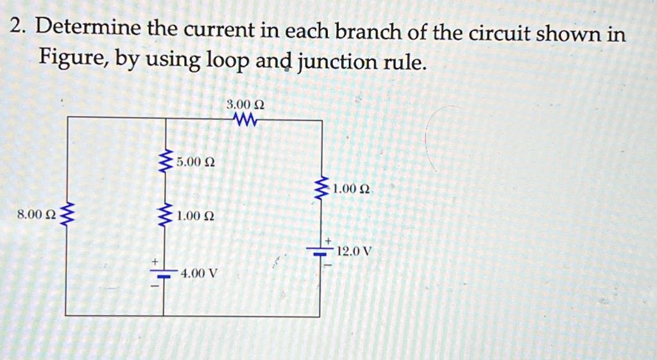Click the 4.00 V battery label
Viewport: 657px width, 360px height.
pos(200,273)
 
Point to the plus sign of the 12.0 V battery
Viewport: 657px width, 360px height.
pos(327,240)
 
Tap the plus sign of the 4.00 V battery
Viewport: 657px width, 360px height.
pos(154,261)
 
